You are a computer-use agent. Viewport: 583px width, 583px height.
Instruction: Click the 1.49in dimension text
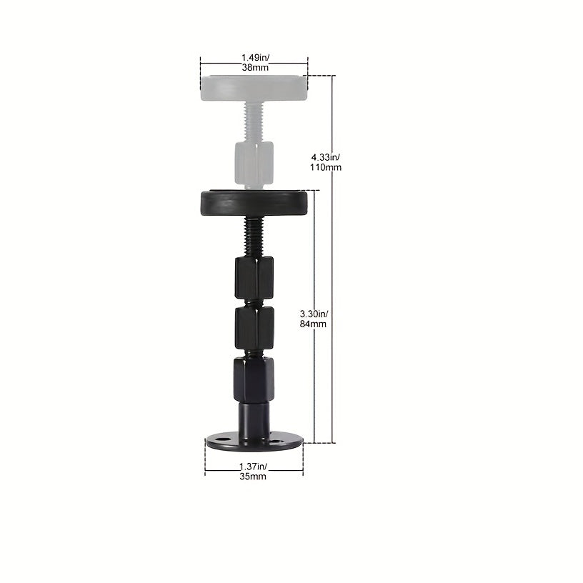[255, 58]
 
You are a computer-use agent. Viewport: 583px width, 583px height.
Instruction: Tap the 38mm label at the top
[255, 67]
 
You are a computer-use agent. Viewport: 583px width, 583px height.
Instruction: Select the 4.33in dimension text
[325, 157]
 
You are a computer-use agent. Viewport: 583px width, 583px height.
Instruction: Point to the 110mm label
[326, 167]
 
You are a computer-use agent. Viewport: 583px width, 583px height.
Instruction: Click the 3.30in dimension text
[314, 314]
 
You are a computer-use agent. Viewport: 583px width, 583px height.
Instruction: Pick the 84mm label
[313, 324]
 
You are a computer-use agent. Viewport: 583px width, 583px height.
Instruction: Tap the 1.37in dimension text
[253, 467]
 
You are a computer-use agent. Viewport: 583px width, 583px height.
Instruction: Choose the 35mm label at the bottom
[253, 477]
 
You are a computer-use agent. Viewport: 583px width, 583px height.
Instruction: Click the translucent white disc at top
[254, 88]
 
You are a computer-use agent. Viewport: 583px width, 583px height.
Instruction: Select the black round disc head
[254, 204]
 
